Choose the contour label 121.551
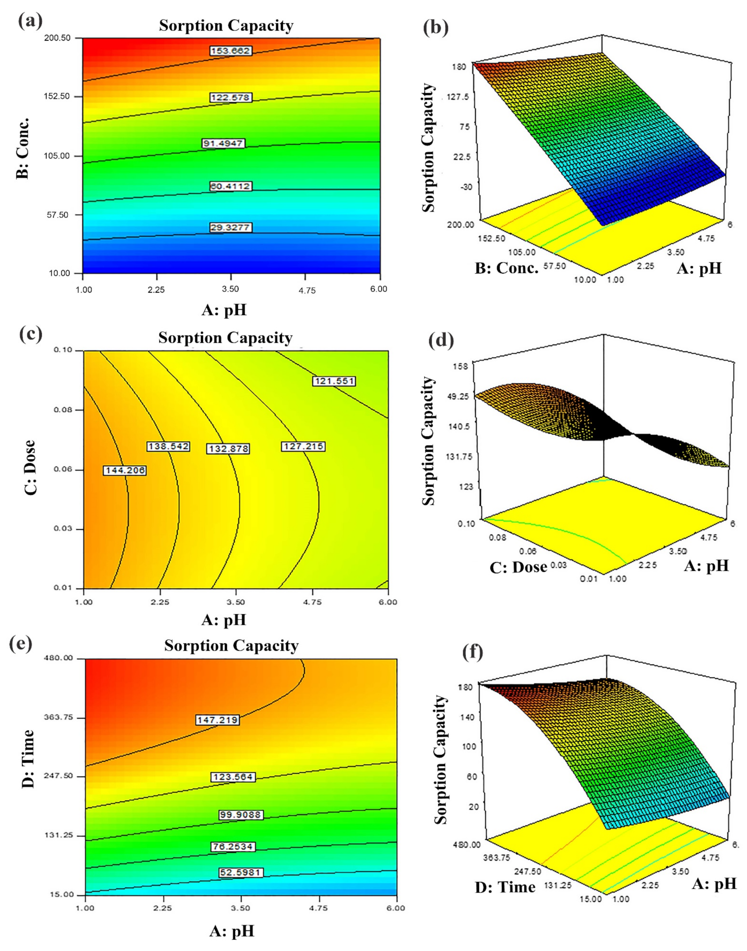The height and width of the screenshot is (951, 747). (x=334, y=381)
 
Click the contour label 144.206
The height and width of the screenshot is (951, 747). (x=125, y=470)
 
